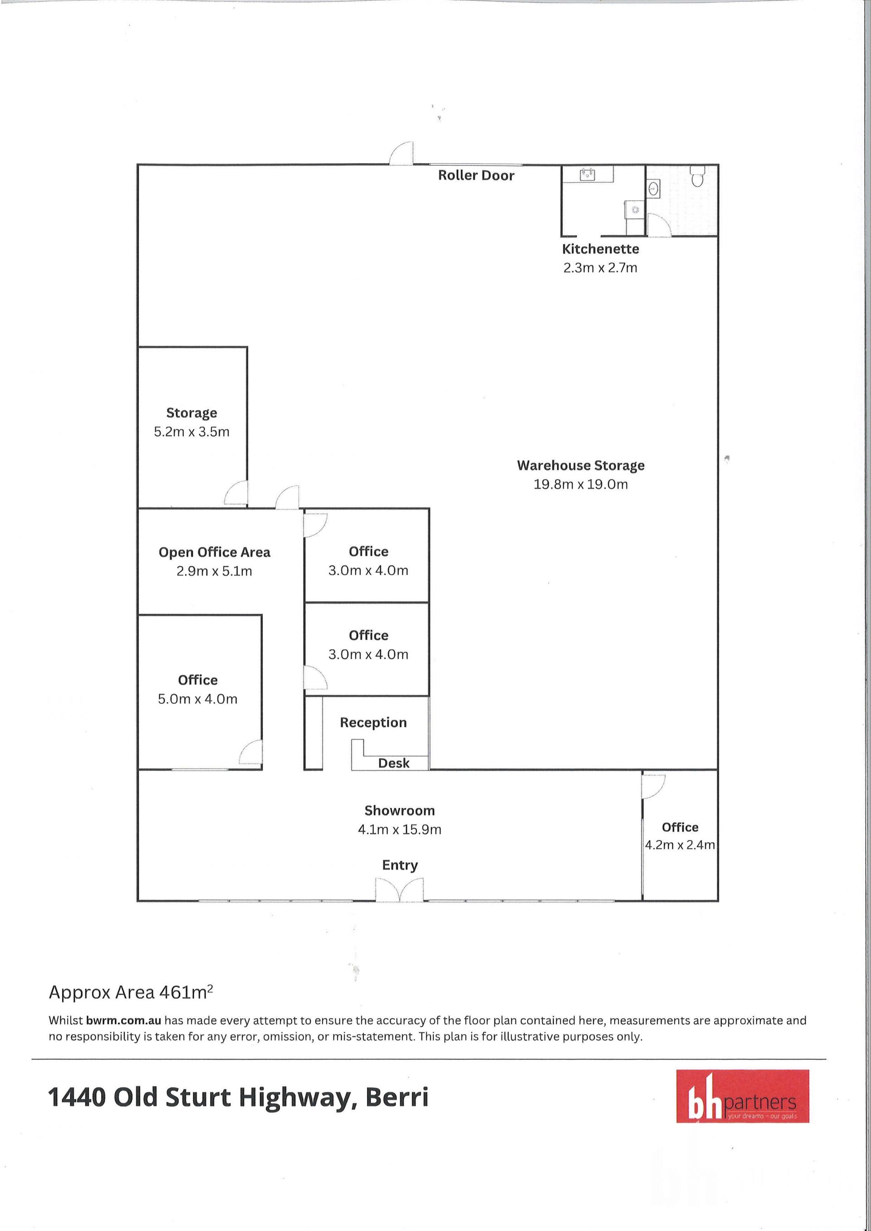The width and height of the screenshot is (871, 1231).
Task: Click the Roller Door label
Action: [x=476, y=175]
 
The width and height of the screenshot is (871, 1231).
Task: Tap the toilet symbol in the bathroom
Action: [x=697, y=175]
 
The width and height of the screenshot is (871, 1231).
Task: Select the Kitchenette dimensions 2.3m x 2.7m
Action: [x=600, y=268]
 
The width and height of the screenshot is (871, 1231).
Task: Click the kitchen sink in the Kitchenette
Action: [x=588, y=174]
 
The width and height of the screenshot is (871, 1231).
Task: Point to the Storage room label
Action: [x=191, y=413]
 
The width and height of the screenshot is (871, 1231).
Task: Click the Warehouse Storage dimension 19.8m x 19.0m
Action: [x=580, y=484]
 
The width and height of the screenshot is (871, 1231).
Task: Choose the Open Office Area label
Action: [x=214, y=552]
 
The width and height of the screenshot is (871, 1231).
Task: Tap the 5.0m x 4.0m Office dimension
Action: [x=197, y=699]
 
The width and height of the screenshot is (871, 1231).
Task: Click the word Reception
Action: [x=373, y=723]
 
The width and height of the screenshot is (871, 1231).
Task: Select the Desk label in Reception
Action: [x=394, y=763]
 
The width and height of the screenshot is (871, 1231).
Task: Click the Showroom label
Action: [x=400, y=811]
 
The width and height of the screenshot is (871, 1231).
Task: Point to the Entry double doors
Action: [x=400, y=890]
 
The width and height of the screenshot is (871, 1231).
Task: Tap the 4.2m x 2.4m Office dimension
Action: [x=680, y=845]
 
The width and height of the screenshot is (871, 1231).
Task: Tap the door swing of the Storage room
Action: [x=235, y=493]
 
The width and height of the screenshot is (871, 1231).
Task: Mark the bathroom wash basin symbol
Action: [x=654, y=188]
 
